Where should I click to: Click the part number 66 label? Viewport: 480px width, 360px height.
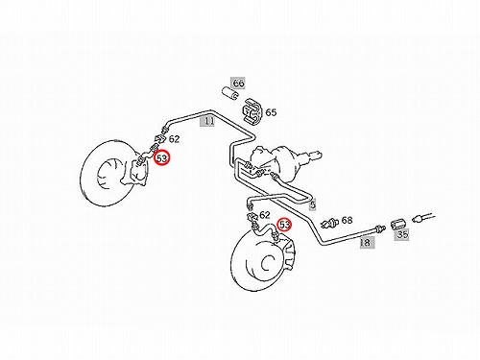[x=238, y=84]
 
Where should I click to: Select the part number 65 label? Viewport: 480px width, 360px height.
[x=271, y=112]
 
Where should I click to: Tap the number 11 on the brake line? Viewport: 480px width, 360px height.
[x=208, y=121]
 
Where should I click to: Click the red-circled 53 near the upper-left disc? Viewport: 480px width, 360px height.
[x=162, y=158]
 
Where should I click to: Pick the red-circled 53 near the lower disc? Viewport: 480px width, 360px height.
[x=284, y=225]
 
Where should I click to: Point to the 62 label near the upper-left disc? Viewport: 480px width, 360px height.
[x=174, y=139]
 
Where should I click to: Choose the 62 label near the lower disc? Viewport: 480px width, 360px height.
[x=264, y=215]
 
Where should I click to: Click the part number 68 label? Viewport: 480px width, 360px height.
[x=347, y=220]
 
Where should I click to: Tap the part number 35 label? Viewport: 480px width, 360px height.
[x=402, y=234]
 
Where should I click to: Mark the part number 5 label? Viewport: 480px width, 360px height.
[x=313, y=204]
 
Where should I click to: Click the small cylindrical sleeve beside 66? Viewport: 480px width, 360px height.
[x=229, y=93]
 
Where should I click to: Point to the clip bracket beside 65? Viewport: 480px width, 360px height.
[x=252, y=111]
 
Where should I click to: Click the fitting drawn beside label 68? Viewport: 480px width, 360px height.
[x=329, y=223]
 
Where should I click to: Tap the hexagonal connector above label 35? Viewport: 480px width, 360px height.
[x=398, y=224]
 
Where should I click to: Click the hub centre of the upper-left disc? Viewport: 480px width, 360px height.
[x=106, y=176]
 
